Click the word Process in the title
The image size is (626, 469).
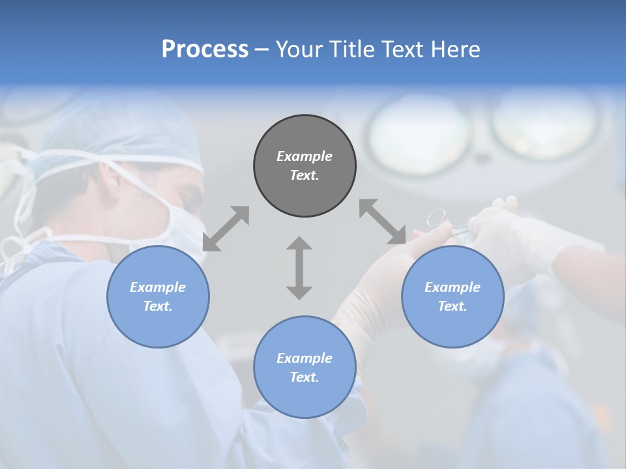point(205,50)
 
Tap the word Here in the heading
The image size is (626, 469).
point(456,50)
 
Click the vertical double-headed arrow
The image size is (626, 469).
point(299,268)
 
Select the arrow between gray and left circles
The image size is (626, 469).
point(226,229)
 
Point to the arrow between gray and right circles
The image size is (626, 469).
point(382,222)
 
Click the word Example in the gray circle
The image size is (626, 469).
point(305,156)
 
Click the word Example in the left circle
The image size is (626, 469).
point(158,287)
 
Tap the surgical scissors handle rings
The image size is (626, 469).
point(436,217)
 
